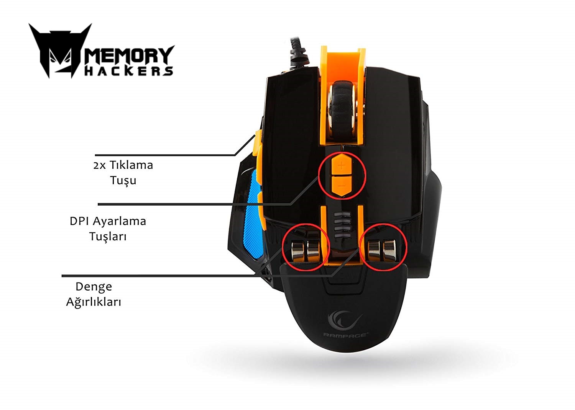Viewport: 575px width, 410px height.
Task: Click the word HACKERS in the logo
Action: tap(128, 71)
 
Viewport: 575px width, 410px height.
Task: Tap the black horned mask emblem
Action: tap(61, 50)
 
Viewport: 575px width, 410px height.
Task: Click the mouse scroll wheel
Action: tap(342, 110)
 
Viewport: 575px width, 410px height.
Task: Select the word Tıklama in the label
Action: tap(131, 165)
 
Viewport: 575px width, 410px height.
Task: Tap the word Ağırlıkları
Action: tap(94, 302)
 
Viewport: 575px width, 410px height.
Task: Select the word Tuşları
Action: tap(108, 237)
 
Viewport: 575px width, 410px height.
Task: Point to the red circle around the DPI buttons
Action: tap(318, 177)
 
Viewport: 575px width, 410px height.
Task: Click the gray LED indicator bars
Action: tap(342, 224)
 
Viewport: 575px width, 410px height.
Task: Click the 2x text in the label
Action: tap(99, 166)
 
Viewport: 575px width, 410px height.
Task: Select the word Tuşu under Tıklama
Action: tap(123, 180)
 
